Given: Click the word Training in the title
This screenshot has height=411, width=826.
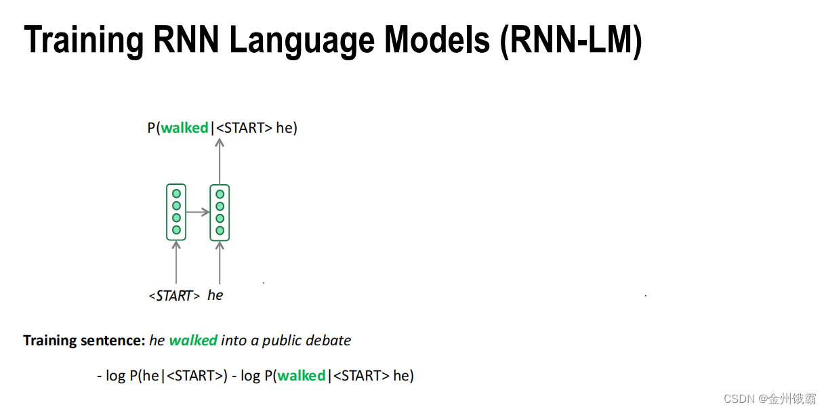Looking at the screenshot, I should click(83, 41).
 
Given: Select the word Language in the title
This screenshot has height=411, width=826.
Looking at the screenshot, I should click(302, 41).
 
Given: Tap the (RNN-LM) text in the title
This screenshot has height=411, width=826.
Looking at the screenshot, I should click(571, 41).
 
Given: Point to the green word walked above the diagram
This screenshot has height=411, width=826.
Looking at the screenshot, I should click(184, 128).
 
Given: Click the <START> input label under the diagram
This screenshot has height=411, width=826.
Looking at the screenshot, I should click(174, 296).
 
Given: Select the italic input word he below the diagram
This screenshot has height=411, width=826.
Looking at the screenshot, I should click(215, 296).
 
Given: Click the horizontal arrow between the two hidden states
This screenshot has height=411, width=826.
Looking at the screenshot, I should click(198, 212).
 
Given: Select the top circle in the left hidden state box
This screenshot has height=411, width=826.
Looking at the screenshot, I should click(176, 194).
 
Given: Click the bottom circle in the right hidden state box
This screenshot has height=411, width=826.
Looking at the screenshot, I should click(220, 230).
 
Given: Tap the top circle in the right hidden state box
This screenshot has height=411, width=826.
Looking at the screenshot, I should click(220, 194).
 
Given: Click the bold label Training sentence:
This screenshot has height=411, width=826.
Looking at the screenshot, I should click(85, 341).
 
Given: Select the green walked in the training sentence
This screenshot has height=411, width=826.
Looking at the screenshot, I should click(193, 341).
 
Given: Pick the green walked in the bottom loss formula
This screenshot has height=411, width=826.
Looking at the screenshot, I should click(302, 376).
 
